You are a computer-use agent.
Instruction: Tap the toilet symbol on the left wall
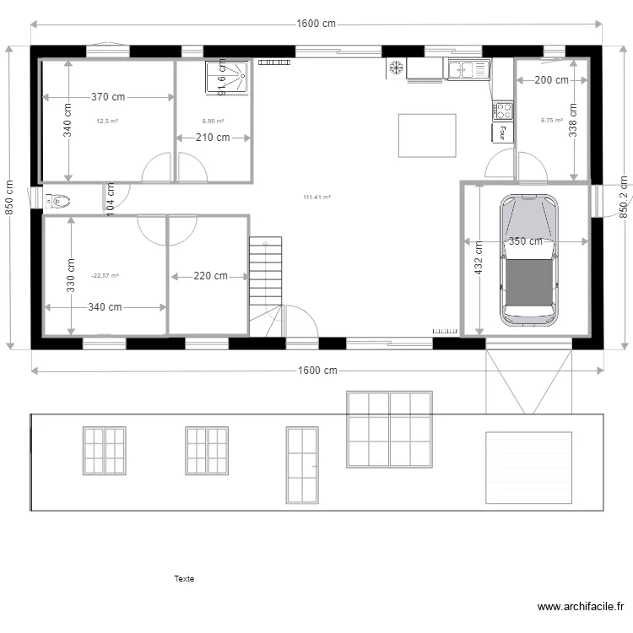point(58,201)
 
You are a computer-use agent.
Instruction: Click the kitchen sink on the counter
point(468,69)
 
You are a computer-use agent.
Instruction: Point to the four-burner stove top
point(503,110)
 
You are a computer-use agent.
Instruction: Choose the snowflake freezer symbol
point(395,67)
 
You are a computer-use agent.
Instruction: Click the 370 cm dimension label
point(107,97)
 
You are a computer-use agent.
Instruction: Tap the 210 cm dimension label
point(213,138)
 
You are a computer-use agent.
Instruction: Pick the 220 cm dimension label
point(209,276)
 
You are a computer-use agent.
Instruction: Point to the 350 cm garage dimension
point(527,241)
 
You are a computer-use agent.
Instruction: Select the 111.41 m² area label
point(316,197)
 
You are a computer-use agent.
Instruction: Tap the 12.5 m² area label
point(107,122)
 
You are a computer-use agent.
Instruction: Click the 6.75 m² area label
point(552,121)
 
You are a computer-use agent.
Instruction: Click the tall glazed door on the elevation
point(301,465)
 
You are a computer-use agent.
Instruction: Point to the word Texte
point(184,579)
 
